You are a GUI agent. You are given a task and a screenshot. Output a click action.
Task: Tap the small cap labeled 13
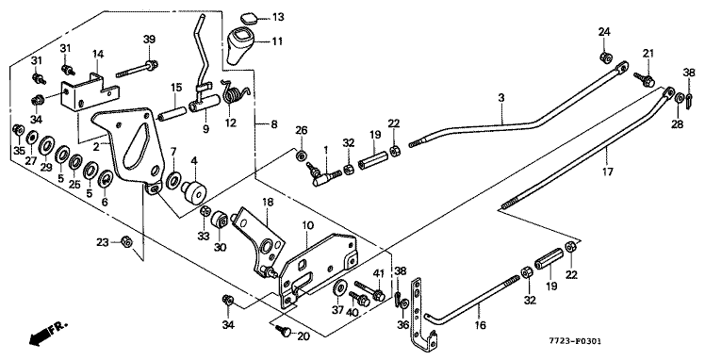click(x=248, y=18)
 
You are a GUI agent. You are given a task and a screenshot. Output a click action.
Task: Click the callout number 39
click(x=149, y=39)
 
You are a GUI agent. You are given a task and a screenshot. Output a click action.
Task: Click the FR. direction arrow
click(x=47, y=334)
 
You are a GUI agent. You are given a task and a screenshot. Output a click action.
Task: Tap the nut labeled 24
click(x=605, y=57)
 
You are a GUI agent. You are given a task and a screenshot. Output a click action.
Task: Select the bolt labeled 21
click(x=645, y=79)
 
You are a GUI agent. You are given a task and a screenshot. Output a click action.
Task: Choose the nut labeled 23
click(x=127, y=243)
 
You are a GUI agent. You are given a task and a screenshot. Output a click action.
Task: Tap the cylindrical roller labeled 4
click(x=193, y=191)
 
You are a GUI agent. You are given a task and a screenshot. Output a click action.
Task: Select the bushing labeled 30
click(x=220, y=221)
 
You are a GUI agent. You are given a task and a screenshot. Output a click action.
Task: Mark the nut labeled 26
click(x=301, y=155)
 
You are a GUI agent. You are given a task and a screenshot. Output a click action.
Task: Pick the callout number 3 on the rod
click(x=500, y=97)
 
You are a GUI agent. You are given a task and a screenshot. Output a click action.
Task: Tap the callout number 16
click(x=480, y=325)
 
